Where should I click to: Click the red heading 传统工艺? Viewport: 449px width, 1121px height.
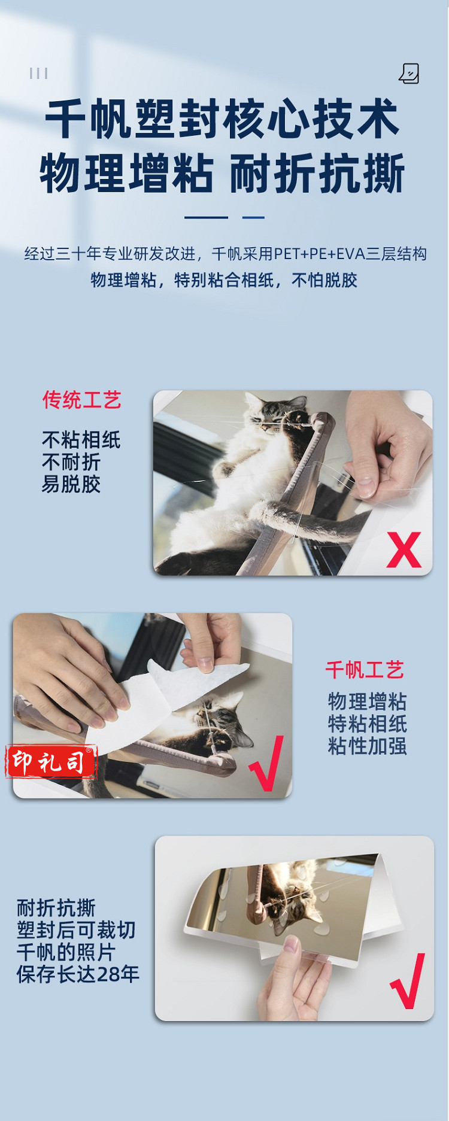[x=82, y=400]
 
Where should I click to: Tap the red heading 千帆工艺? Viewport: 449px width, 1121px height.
[x=365, y=670]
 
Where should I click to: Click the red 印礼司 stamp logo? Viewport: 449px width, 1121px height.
[x=51, y=762]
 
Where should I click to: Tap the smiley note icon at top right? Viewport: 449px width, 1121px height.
[x=409, y=74]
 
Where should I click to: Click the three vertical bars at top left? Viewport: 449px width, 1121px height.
[x=38, y=73]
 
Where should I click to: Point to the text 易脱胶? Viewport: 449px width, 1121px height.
[x=71, y=484]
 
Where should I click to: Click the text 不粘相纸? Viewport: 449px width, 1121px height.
[x=81, y=440]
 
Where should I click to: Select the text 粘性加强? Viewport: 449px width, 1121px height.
[x=368, y=746]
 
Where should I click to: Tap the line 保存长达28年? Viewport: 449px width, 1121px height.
[x=78, y=974]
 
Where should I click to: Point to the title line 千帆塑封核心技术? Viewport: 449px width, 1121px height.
[x=222, y=119]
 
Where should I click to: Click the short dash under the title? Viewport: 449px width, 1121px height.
[x=253, y=217]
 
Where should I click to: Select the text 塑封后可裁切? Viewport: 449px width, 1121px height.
[x=76, y=930]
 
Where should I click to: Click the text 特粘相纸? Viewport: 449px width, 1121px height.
[x=368, y=724]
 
